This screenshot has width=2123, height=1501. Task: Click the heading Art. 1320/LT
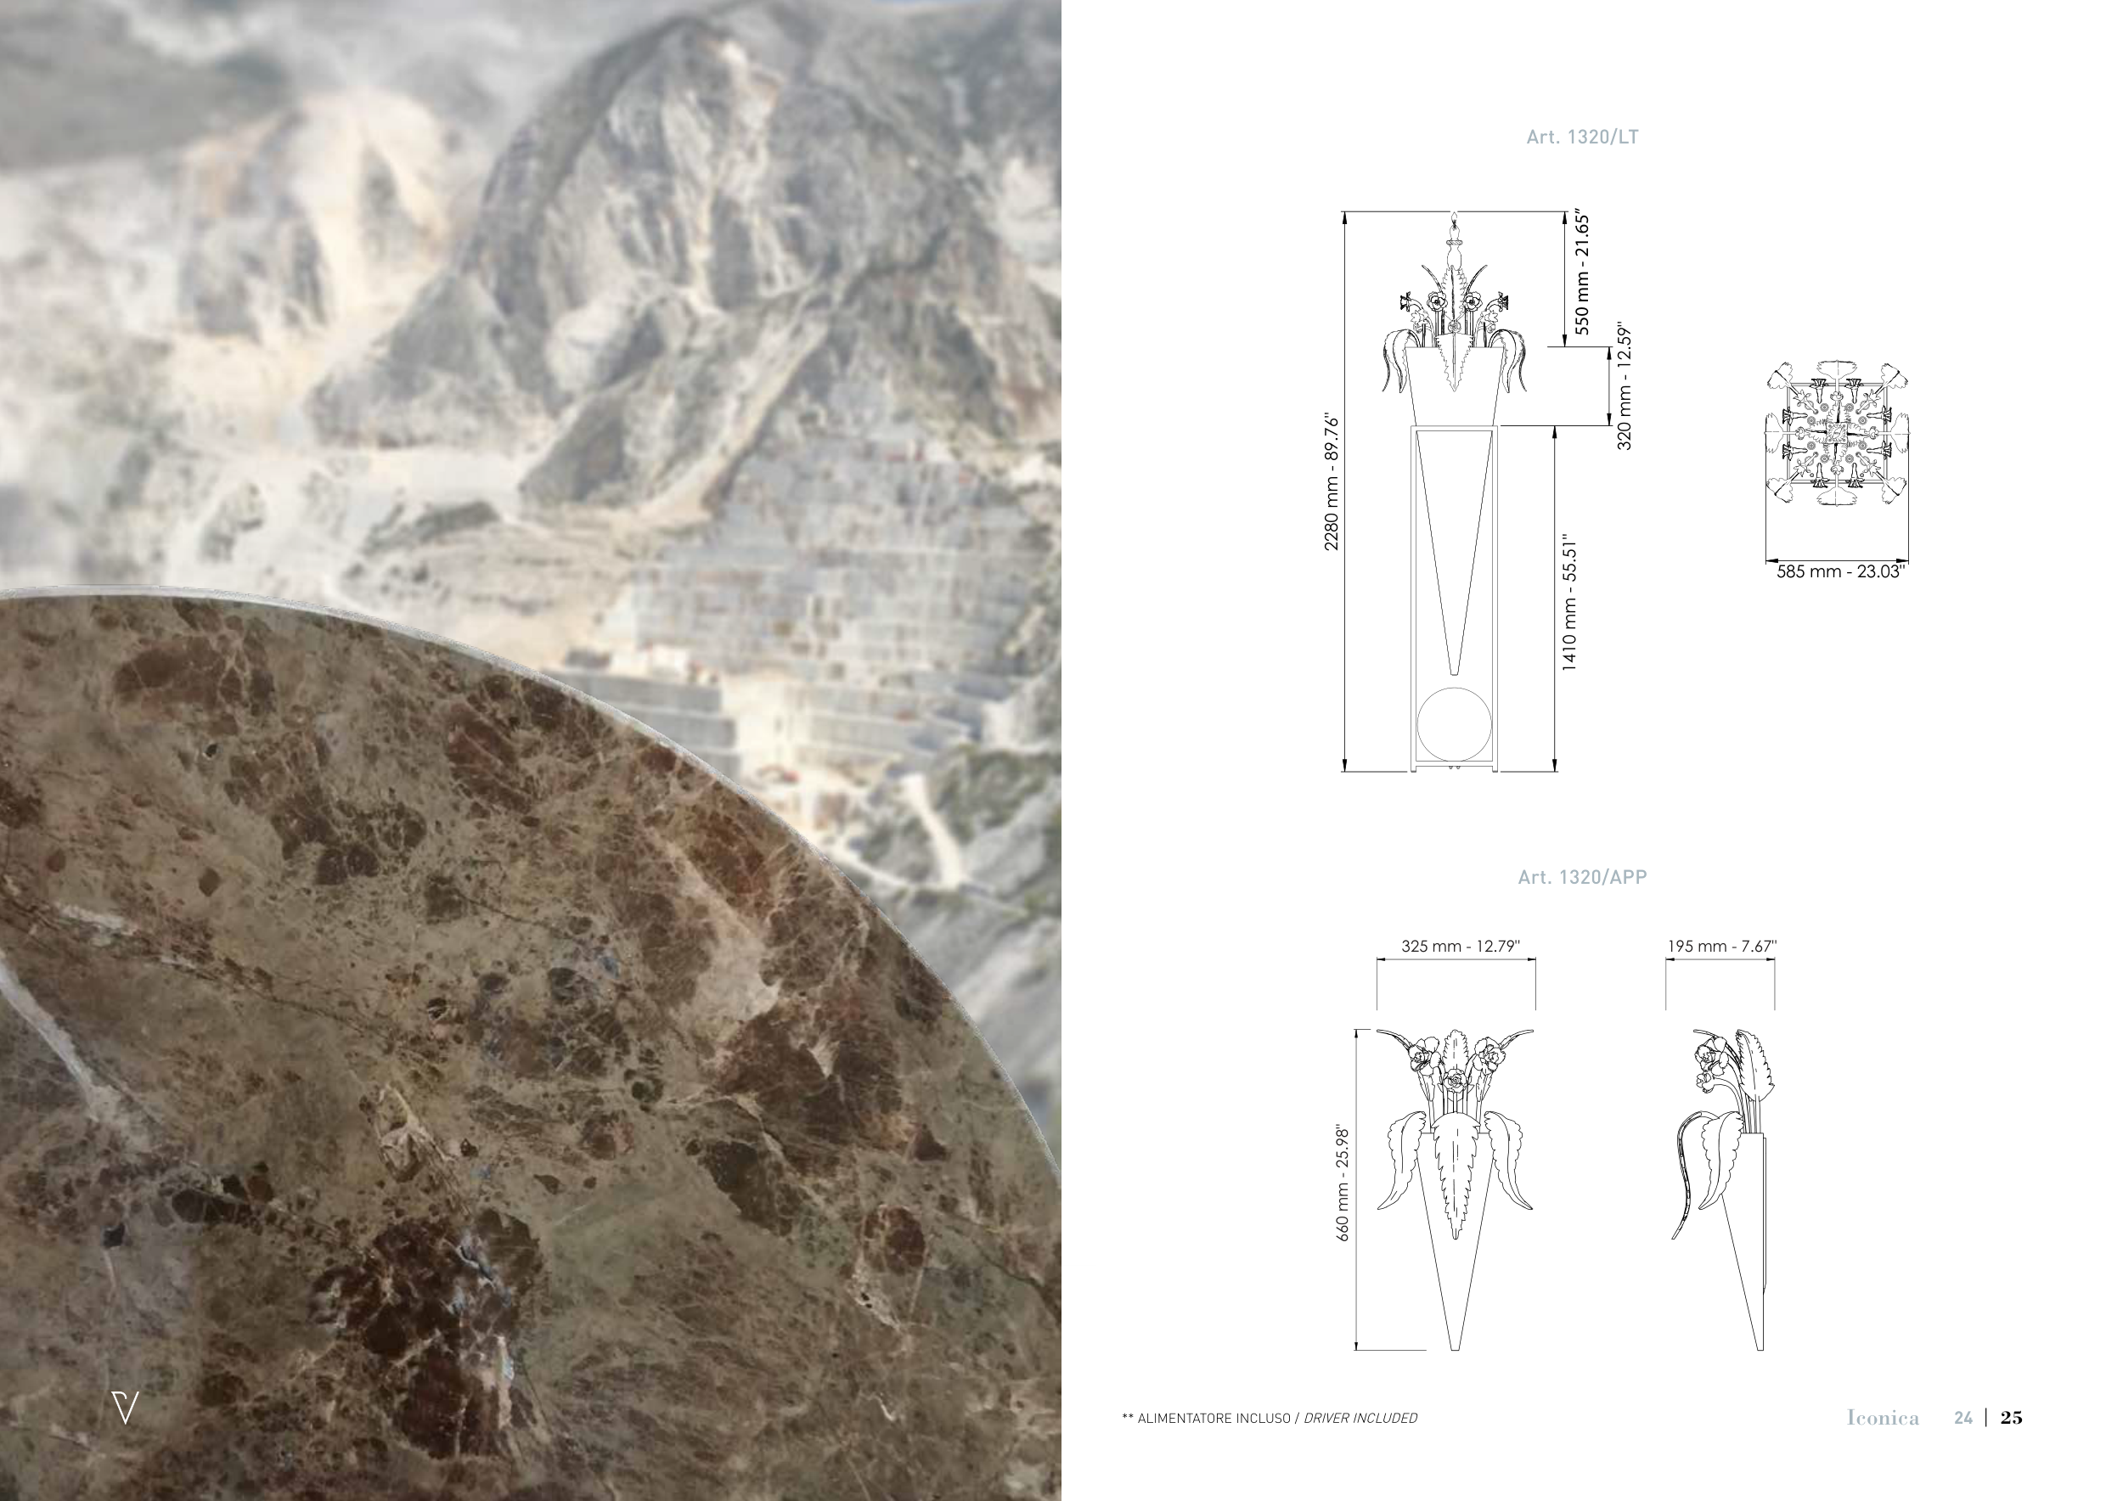1582,137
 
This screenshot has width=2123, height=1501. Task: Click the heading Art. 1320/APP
1582,877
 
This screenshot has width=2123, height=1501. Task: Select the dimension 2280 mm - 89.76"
1332,481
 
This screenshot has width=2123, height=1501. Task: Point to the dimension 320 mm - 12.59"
1625,386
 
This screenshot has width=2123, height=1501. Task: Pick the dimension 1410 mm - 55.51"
1569,603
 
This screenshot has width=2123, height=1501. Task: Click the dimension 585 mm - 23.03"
1840,572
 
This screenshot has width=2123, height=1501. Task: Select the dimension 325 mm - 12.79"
1460,947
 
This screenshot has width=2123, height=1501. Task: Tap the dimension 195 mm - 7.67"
1721,947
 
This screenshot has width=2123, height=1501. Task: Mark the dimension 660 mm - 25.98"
1343,1183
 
